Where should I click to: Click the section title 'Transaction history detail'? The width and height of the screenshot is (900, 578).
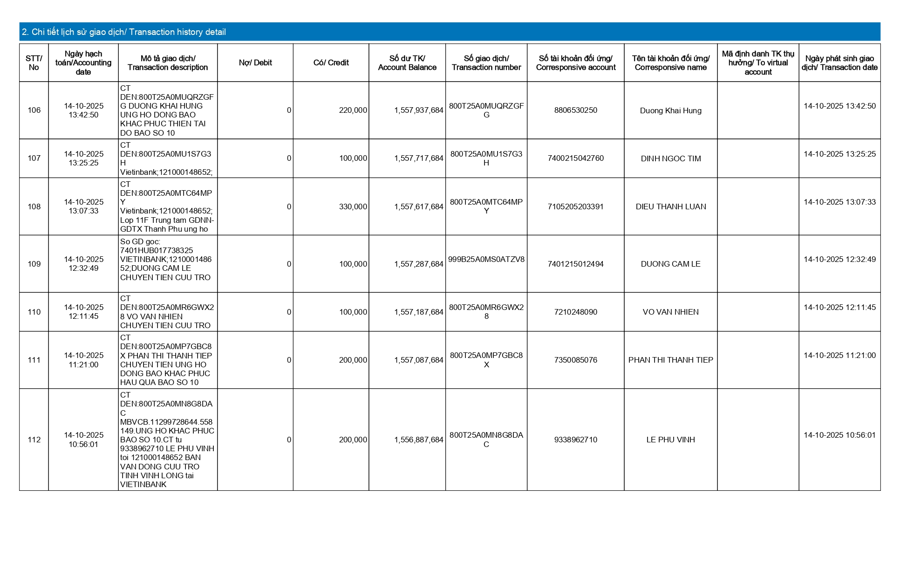[x=124, y=32]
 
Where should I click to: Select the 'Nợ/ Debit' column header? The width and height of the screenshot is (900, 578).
[x=255, y=63]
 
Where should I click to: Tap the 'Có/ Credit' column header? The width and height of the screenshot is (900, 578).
[x=331, y=63]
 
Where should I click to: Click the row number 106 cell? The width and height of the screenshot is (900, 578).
[x=34, y=110]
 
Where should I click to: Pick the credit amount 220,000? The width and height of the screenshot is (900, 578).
[x=353, y=110]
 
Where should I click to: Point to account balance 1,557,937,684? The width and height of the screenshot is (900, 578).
[x=418, y=110]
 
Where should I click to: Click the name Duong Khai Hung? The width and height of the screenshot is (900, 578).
[x=670, y=111]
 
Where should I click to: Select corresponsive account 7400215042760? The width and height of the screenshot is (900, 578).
[x=575, y=158]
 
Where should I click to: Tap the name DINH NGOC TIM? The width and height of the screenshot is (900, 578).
[x=670, y=159]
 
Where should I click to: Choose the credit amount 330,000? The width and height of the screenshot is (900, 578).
[x=353, y=207]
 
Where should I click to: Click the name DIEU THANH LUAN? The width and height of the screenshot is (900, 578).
[x=670, y=207]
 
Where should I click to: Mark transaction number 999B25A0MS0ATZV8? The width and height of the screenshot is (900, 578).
[x=486, y=260]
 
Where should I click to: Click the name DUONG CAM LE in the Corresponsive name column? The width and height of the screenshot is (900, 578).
[x=670, y=264]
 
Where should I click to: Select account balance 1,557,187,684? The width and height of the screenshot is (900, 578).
[x=418, y=312]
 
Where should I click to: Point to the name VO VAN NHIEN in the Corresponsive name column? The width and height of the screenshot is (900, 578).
[x=670, y=312]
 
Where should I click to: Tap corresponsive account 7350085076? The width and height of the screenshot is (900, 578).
[x=575, y=360]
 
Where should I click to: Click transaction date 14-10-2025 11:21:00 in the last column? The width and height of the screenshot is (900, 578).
[x=839, y=356]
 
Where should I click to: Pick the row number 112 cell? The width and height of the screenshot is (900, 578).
[x=34, y=440]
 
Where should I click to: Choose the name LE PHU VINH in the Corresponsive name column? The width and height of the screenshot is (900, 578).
[x=670, y=440]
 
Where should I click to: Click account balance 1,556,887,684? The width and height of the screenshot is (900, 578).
[x=418, y=440]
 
